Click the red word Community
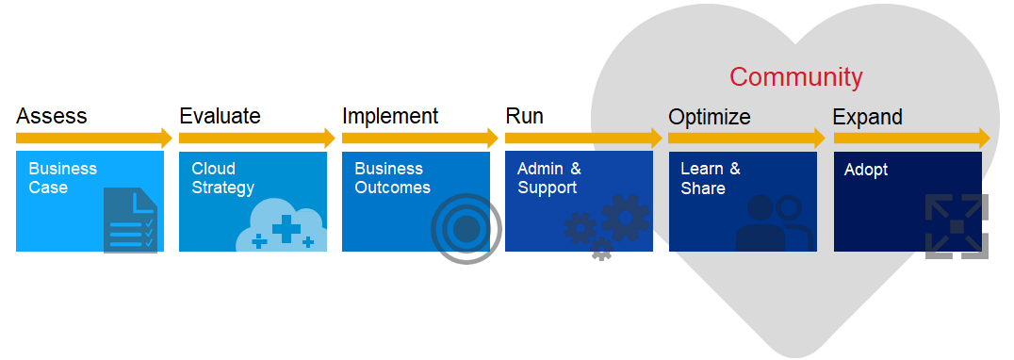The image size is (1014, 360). pos(795,77)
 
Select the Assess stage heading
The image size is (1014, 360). pos(51,117)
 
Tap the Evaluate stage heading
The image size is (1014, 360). pos(220,117)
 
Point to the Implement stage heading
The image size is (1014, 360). pos(390,117)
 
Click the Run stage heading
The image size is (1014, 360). pos(524,117)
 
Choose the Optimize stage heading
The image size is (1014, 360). pos(710,118)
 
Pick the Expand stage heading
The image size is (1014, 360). pos(867,118)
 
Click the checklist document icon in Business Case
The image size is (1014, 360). pos(131,221)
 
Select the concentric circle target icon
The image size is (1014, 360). pos(466,228)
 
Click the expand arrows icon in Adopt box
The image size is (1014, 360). pos(956,226)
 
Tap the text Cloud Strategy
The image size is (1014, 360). pos(222,178)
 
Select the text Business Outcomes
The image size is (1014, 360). pos(392,178)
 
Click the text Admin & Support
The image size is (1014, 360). pos(549,178)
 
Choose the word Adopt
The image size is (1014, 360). pos(866,170)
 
